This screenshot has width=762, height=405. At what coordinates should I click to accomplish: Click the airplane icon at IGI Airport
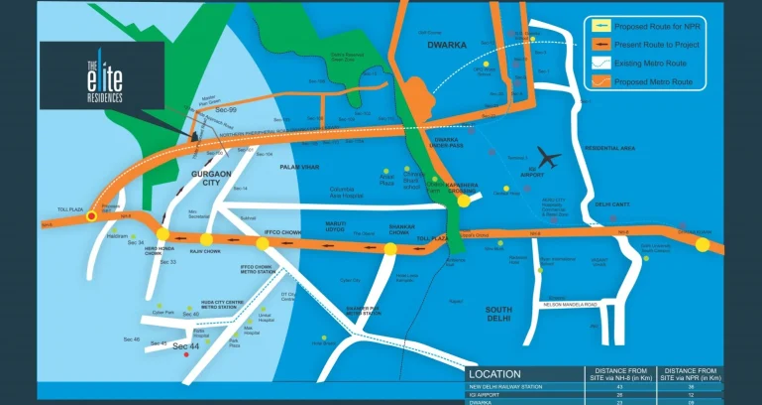tap(546, 156)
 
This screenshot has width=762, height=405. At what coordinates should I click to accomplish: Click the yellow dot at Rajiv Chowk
tap(206, 239)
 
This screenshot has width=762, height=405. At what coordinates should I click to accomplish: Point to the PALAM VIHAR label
tap(296, 168)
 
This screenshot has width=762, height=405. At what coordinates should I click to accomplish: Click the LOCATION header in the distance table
tap(510, 373)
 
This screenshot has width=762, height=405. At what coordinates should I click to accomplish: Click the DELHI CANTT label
tap(612, 204)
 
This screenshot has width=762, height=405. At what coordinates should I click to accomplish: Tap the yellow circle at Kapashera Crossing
tap(463, 201)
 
